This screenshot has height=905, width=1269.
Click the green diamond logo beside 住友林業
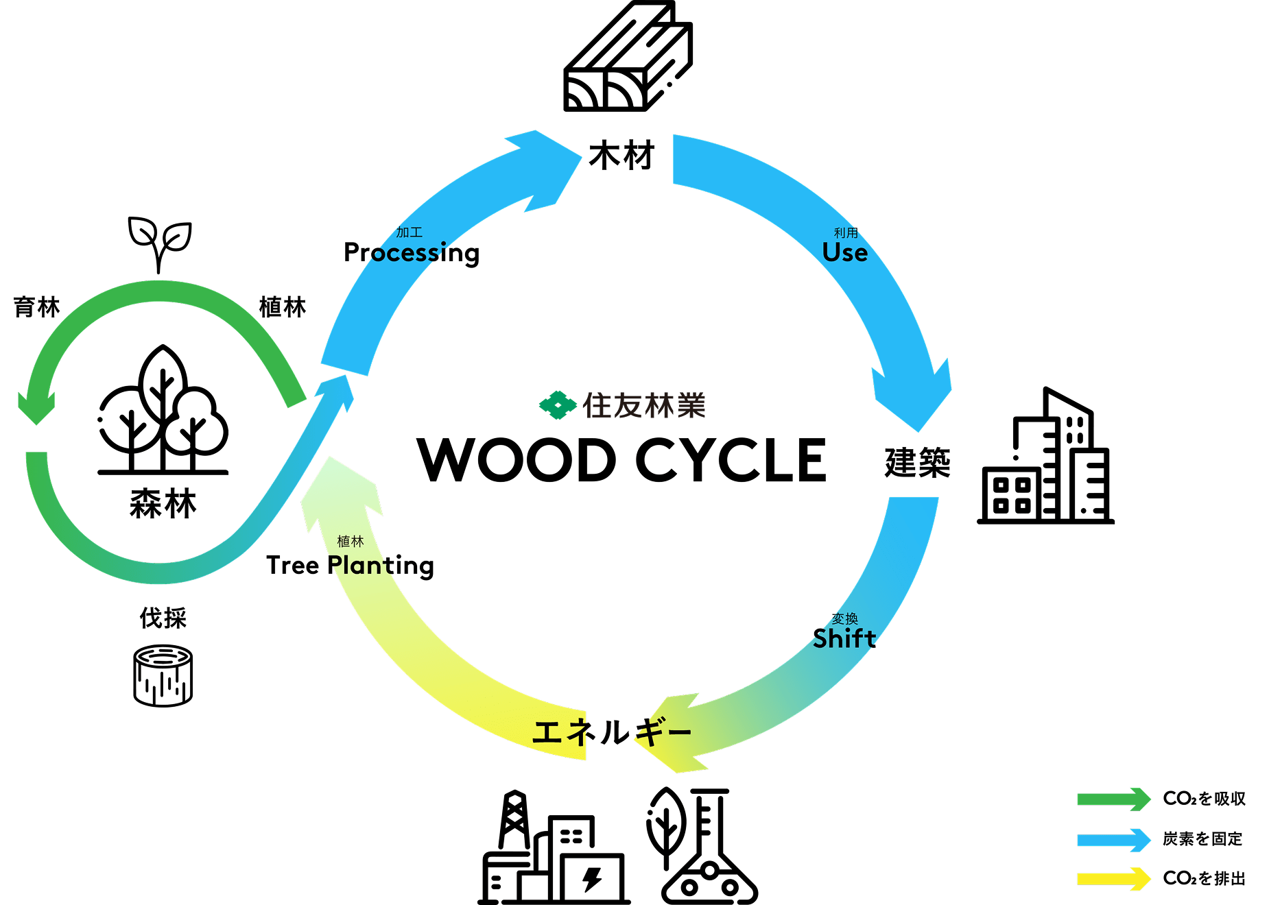tap(558, 405)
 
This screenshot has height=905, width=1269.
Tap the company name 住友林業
tap(643, 406)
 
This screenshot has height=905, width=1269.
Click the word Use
tap(845, 253)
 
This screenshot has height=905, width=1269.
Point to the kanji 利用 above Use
tap(846, 233)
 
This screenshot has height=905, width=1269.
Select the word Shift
tap(844, 639)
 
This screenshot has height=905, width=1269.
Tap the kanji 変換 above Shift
tap(844, 618)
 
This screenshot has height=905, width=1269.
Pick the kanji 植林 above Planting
tap(351, 542)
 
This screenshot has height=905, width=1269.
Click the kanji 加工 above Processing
tap(409, 233)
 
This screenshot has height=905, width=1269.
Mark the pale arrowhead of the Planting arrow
tap(340, 490)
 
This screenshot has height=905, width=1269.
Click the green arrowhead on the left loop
tap(36, 407)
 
